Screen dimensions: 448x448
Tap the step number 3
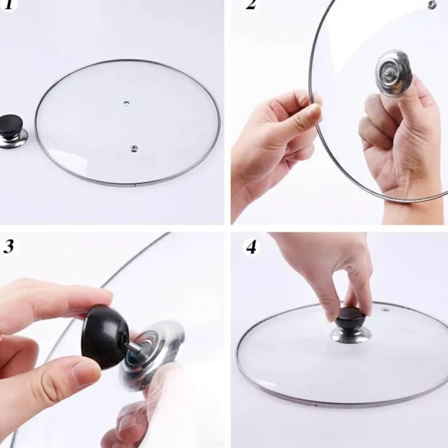pos(9,246)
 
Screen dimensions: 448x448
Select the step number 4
pos(251,247)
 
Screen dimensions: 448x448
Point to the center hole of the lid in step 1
pos(126,103)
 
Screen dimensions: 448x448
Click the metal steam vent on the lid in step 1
pos(133,148)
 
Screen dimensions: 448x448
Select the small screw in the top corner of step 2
pos(431,5)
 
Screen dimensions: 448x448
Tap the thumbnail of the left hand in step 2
pos(314,112)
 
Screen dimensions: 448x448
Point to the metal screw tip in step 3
pos(132,347)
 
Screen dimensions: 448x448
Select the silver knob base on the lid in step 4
pos(351,335)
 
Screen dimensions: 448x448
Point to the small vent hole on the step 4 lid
pos(385,310)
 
